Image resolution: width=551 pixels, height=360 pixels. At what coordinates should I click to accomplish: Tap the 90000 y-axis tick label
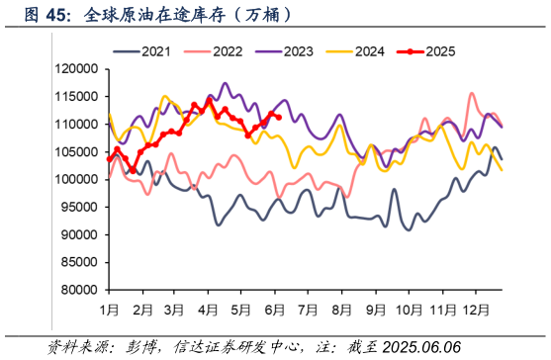[x=76, y=235]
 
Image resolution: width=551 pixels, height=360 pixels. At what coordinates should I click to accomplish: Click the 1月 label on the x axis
[x=110, y=310]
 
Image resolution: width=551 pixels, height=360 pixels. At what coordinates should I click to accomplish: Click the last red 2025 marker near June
[x=279, y=118]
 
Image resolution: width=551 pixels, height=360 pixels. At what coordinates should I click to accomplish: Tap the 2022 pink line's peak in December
[x=472, y=94]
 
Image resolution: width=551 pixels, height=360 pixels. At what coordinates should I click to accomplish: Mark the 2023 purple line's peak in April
[x=225, y=84]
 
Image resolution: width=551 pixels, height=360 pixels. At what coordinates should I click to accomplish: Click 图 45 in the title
[x=44, y=17]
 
